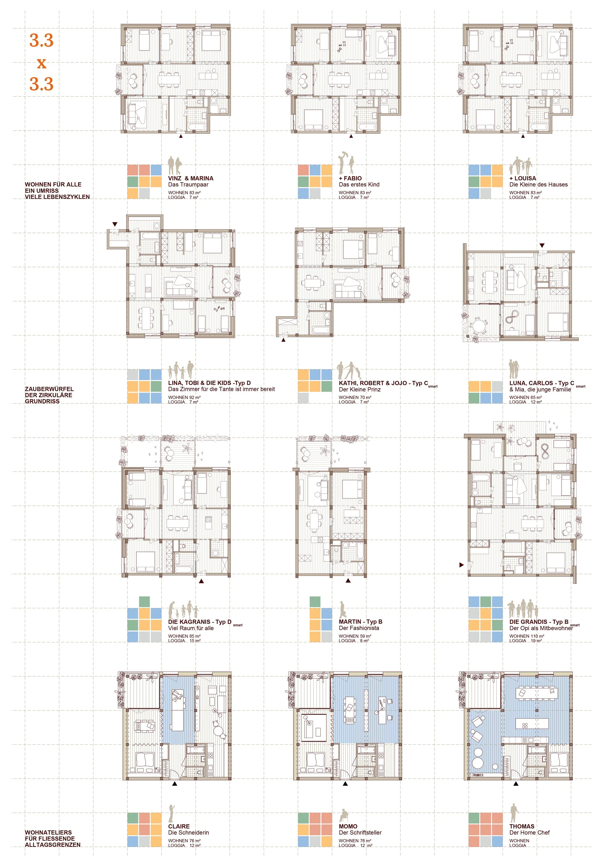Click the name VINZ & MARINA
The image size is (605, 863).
191,178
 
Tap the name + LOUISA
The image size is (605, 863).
523,178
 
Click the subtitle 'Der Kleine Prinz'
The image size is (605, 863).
359,389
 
